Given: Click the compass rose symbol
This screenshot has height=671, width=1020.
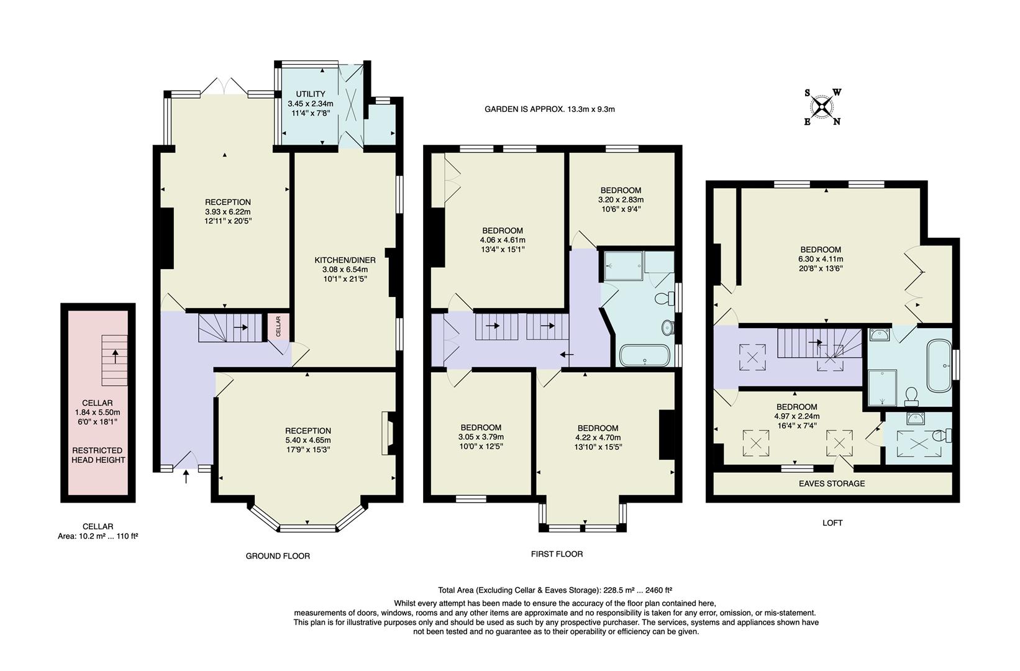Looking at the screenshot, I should point(822,107).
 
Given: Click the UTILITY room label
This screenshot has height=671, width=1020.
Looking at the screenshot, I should point(311,94).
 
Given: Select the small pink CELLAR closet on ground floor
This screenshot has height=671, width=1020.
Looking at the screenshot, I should point(278,327).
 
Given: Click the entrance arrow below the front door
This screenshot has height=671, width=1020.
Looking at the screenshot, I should point(186,477).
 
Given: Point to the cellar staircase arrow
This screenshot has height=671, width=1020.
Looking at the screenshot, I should point(115,356).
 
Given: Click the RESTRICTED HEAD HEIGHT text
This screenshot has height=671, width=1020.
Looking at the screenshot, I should point(98,455).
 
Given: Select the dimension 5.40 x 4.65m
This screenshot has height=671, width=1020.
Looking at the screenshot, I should point(308,440).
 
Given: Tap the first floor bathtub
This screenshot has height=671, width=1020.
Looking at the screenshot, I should point(645,356).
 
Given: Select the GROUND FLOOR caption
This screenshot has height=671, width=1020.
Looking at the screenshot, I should point(278,556).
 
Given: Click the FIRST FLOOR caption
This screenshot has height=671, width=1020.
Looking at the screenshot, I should point(557,554).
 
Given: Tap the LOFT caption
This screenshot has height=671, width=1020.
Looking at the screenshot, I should point(832,523).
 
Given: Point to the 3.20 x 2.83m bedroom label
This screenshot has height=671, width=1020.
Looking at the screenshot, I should point(621,200).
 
